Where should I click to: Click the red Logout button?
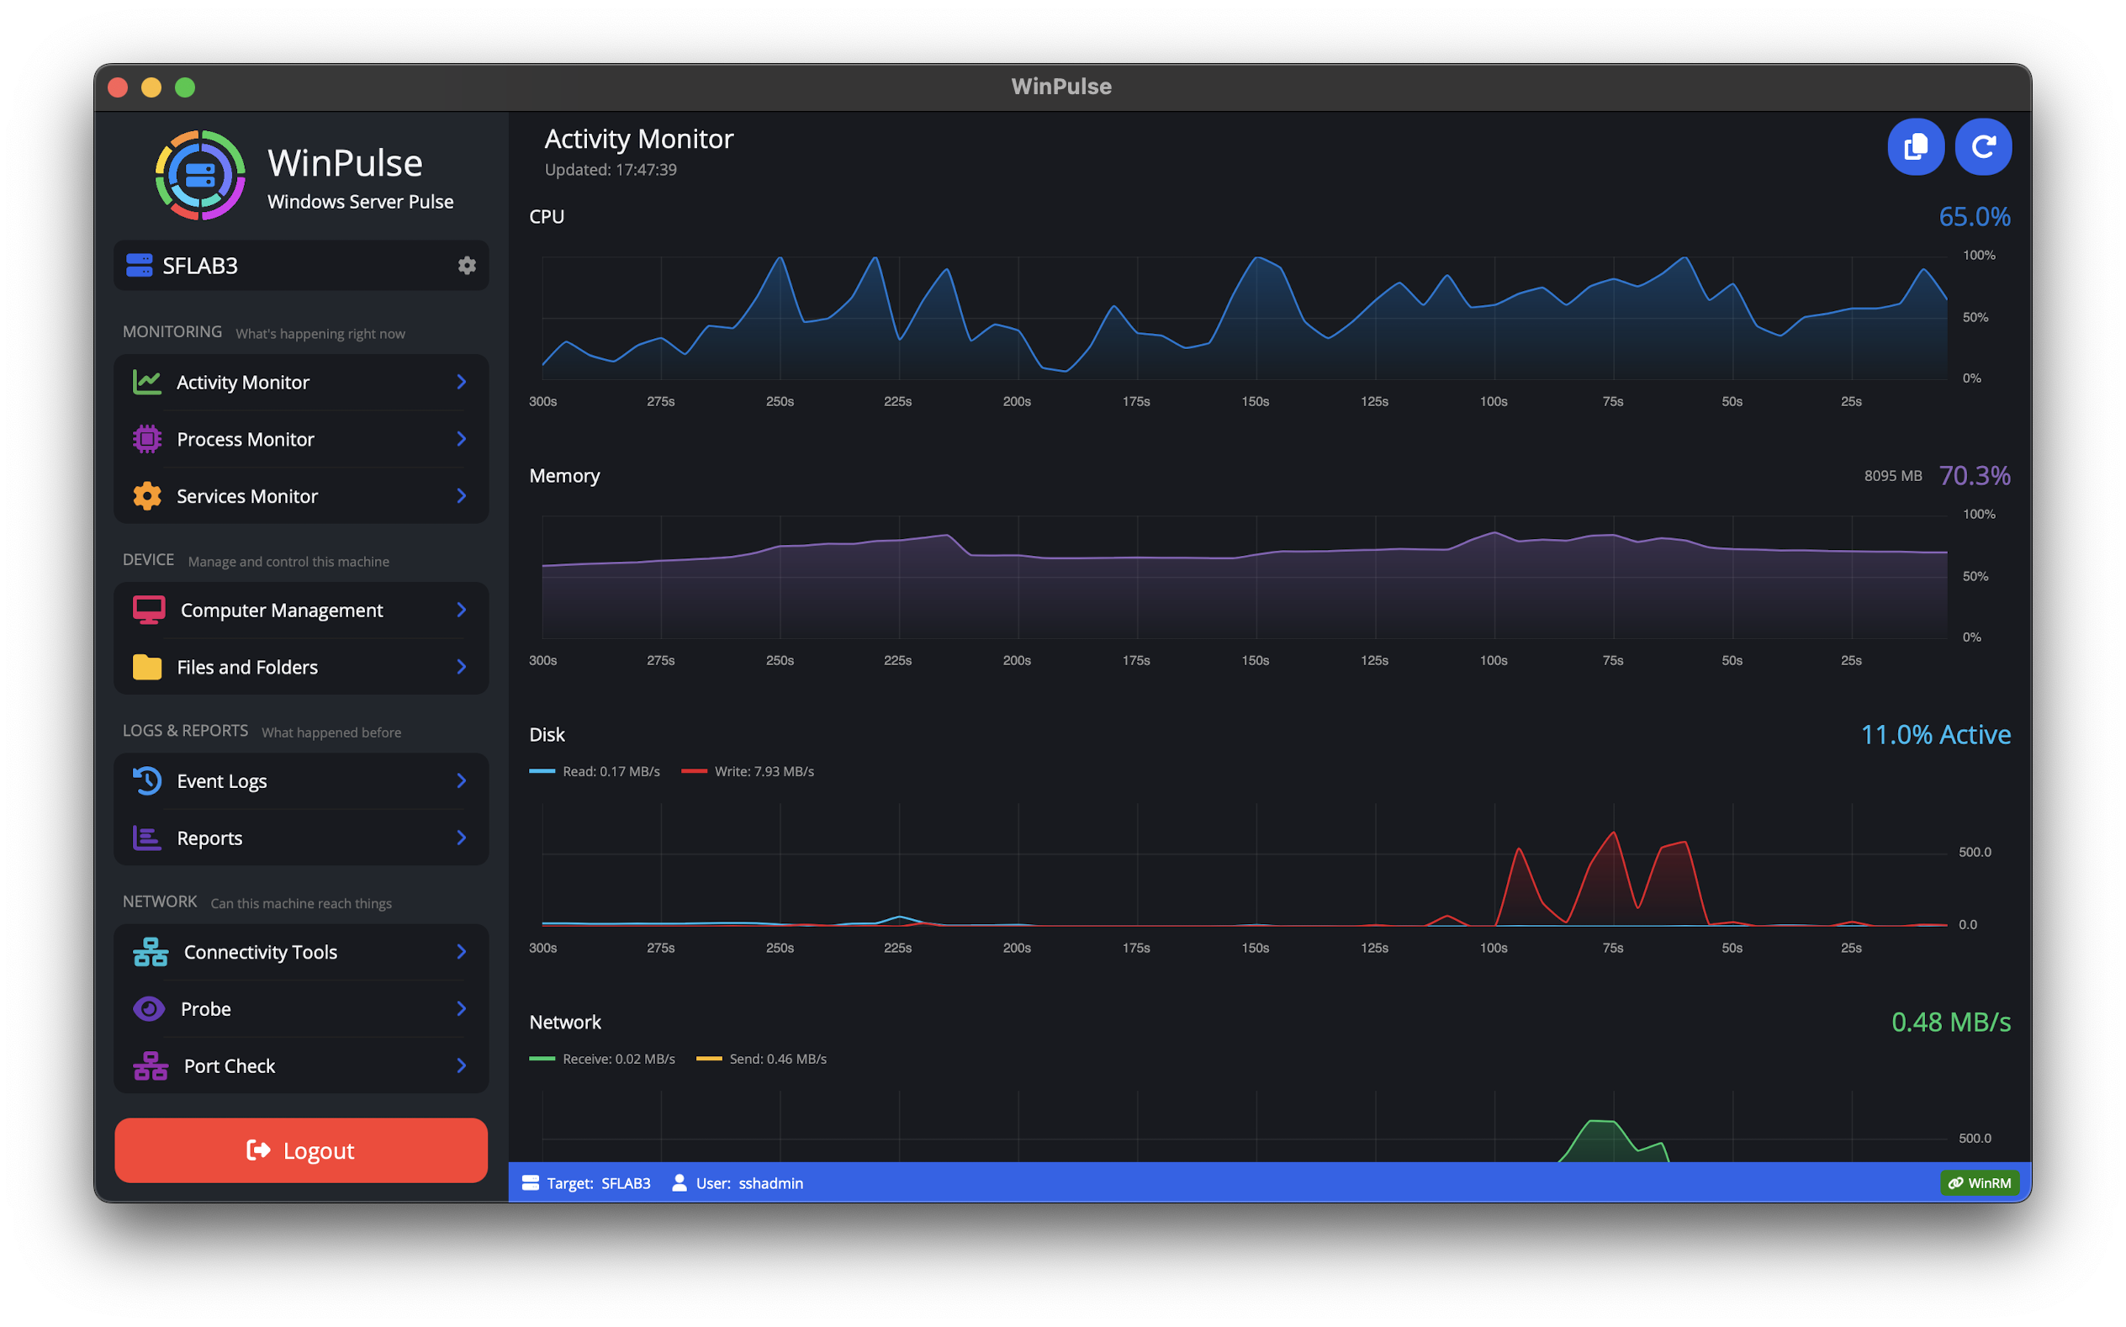click(300, 1150)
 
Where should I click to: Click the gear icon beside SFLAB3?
click(467, 265)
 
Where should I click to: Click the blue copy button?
click(1916, 146)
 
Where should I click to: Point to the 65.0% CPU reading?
click(1975, 217)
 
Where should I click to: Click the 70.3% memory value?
click(1975, 476)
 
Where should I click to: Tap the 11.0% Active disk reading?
click(1936, 735)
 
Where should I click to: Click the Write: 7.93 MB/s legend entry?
click(748, 771)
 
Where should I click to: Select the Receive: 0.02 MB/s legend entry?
click(603, 1060)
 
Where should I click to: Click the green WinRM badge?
click(1980, 1183)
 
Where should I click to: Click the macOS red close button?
click(118, 87)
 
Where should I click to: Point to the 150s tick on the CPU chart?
click(1255, 401)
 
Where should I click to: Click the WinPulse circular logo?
click(200, 175)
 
